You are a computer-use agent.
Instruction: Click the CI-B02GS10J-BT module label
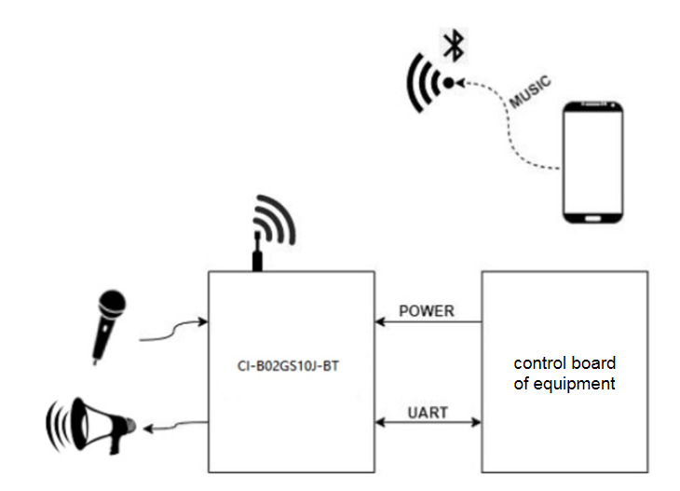[290, 368]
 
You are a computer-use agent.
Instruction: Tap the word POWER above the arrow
[426, 311]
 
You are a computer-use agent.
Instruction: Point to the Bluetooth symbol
[454, 44]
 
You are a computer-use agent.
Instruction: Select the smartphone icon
[593, 164]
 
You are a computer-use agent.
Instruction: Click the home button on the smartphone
[593, 216]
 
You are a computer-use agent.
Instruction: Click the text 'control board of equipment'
[564, 373]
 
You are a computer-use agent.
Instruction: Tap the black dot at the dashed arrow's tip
[448, 83]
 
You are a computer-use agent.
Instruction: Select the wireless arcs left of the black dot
[424, 84]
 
